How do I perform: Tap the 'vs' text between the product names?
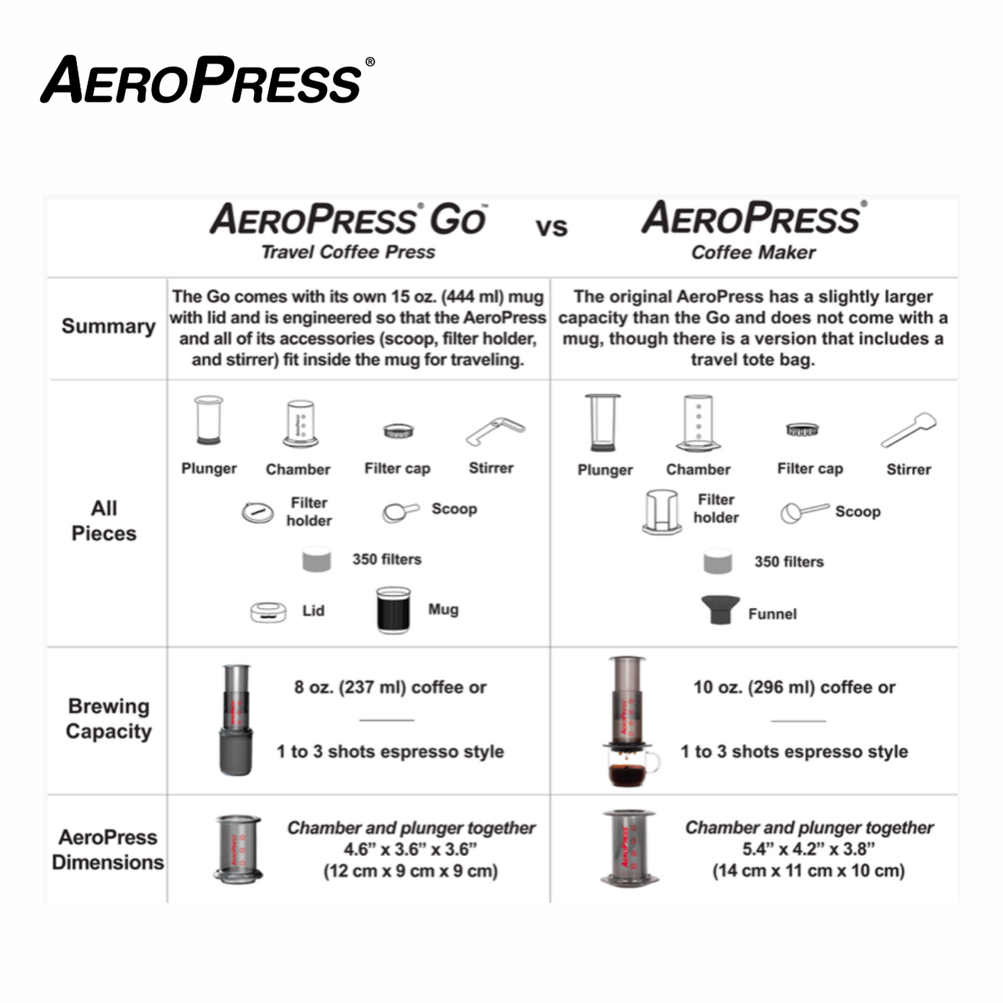point(551,228)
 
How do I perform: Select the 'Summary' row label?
point(108,326)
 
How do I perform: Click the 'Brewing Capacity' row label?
point(108,718)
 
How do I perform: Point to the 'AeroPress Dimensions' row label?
point(108,850)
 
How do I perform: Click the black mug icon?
point(394,610)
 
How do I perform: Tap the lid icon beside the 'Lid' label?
point(268,612)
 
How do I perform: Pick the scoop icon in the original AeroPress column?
point(803,512)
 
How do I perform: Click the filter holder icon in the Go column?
point(258,512)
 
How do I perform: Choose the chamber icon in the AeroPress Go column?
point(301,423)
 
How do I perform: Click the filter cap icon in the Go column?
point(398,431)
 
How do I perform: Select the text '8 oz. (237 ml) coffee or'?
point(390,687)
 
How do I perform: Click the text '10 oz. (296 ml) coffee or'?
point(794,687)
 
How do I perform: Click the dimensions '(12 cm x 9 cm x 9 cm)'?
point(411,870)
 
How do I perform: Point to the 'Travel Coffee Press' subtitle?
point(348,252)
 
